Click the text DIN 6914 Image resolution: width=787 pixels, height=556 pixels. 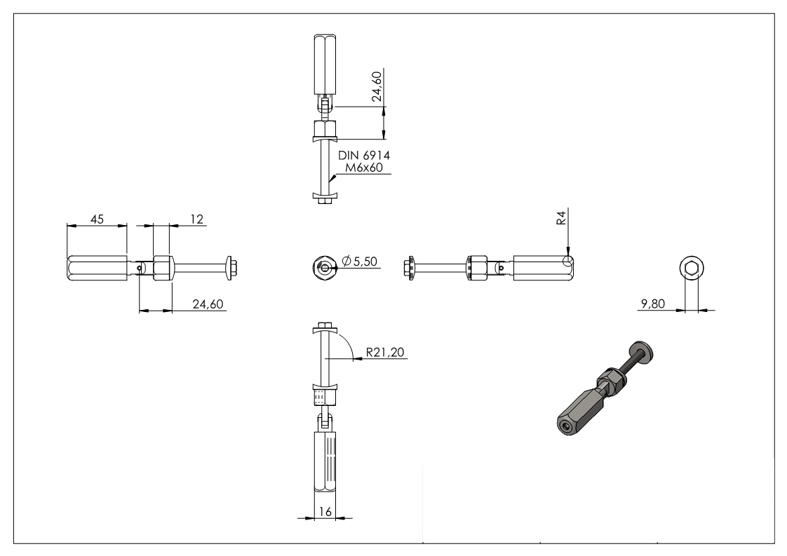pyautogui.click(x=364, y=155)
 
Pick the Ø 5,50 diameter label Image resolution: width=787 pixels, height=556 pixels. pyautogui.click(x=361, y=262)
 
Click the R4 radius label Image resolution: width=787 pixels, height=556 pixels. pyautogui.click(x=561, y=217)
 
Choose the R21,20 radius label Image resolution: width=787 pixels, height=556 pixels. pyautogui.click(x=385, y=352)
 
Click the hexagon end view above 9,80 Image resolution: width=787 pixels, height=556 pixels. pyautogui.click(x=691, y=268)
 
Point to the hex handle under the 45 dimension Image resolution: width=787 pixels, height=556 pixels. pyautogui.click(x=97, y=268)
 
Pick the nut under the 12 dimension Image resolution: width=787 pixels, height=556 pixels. pyautogui.click(x=161, y=268)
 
